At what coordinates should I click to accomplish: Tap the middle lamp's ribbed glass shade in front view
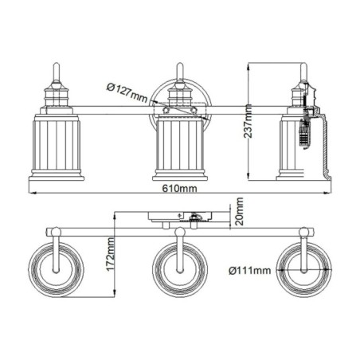coord(180,144)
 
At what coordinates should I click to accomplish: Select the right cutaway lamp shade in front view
coord(303,144)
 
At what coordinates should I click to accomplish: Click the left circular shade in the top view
coord(54,268)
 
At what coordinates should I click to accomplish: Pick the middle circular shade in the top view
coord(180,268)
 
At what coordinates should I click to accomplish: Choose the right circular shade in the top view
coord(304,268)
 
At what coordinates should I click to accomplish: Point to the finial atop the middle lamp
coord(180,70)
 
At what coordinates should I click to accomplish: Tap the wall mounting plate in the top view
coord(180,215)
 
